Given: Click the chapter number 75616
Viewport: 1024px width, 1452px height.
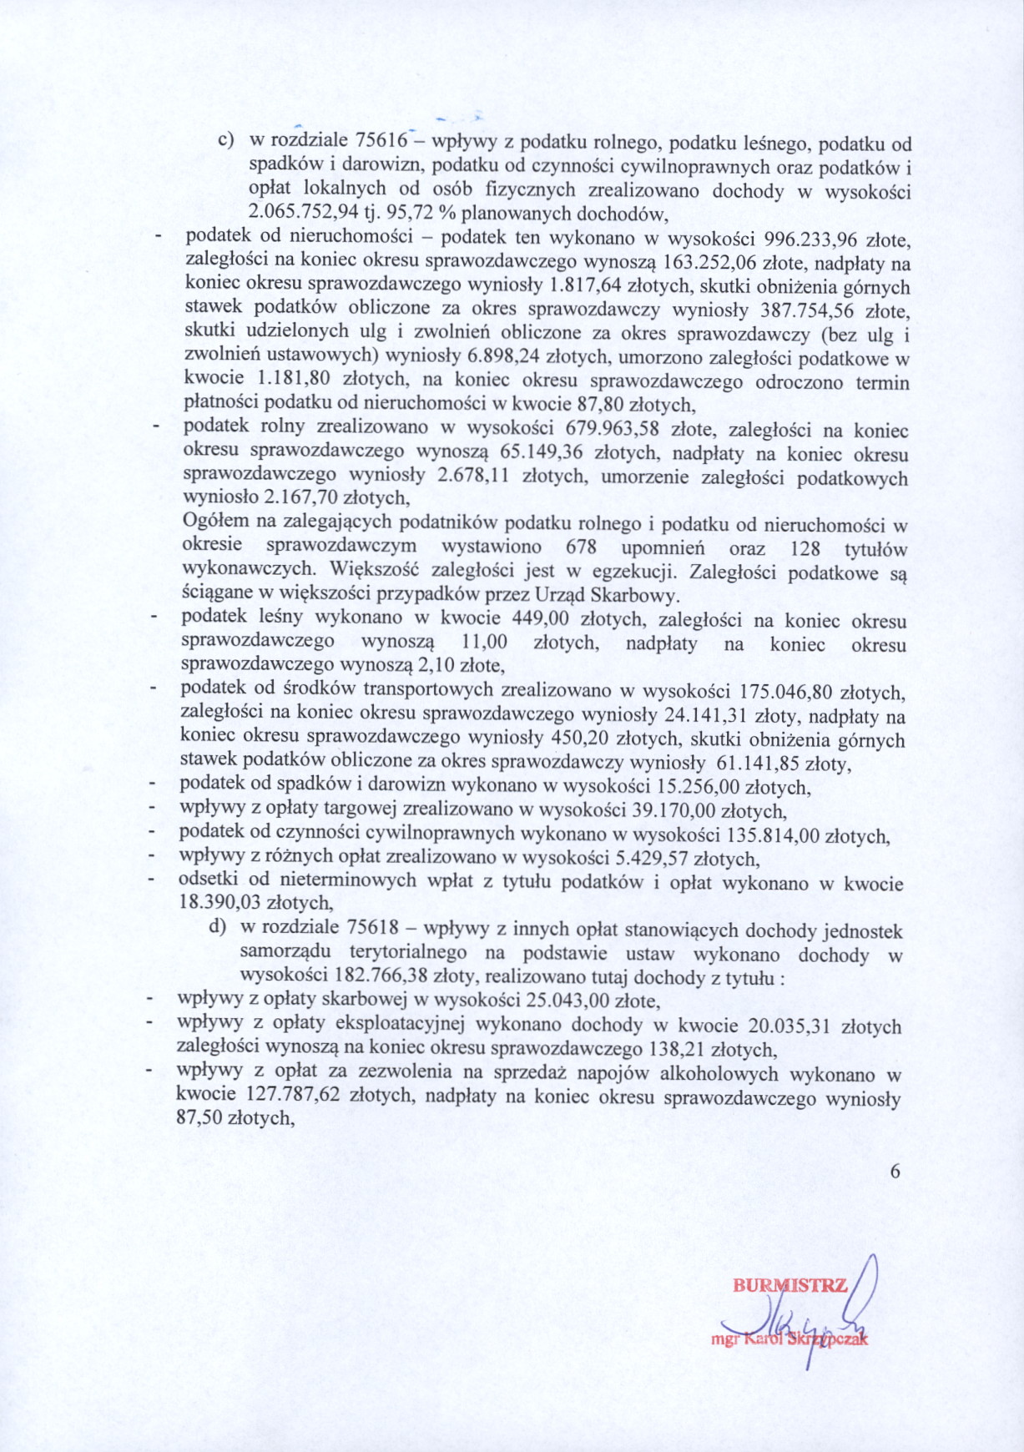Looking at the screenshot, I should [x=381, y=140].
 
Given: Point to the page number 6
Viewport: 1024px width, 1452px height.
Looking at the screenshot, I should [x=895, y=1172].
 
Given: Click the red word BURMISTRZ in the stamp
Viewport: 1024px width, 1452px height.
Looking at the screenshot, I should [x=789, y=1286].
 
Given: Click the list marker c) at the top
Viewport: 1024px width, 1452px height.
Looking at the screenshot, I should [x=225, y=140].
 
